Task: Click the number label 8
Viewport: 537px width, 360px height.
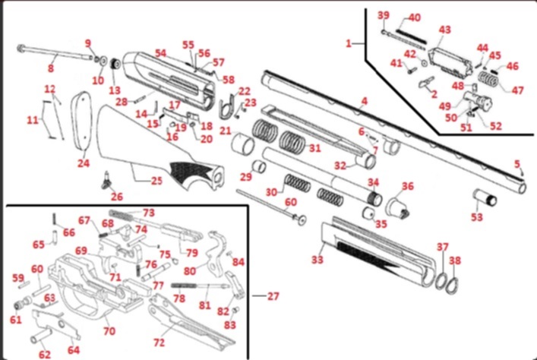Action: pyautogui.click(x=52, y=68)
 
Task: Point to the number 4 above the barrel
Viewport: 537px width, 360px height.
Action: pyautogui.click(x=364, y=101)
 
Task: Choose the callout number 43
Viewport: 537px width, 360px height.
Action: pyautogui.click(x=444, y=30)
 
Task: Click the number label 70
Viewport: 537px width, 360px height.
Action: pyautogui.click(x=109, y=331)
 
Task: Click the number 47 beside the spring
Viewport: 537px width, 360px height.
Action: pyautogui.click(x=518, y=90)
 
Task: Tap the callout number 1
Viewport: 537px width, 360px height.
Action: pyautogui.click(x=349, y=43)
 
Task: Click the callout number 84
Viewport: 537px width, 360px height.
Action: pyautogui.click(x=238, y=263)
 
